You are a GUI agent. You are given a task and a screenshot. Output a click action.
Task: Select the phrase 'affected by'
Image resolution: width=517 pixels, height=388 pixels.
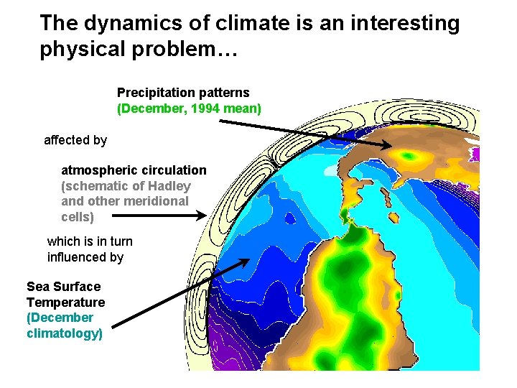coord(75,140)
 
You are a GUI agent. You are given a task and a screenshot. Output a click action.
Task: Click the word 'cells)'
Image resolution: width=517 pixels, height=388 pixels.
coord(78,216)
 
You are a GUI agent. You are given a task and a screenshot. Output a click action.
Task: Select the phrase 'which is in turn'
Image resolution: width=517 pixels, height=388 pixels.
coord(90,241)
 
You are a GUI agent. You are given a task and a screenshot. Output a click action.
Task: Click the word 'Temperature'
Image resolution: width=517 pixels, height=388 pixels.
coord(65,302)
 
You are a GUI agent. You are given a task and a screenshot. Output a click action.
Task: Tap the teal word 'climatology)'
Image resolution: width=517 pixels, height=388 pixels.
coord(65,333)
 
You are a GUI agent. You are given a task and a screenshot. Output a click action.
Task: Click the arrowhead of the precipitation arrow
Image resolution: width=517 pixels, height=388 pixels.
coord(388,147)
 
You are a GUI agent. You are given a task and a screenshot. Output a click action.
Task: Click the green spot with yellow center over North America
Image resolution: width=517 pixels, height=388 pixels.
coord(410,154)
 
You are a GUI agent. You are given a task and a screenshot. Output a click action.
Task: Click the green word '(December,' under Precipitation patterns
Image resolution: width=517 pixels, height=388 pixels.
coord(149,108)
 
